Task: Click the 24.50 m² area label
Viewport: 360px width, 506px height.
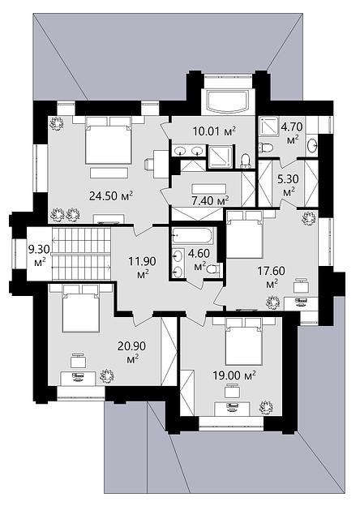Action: [111, 196]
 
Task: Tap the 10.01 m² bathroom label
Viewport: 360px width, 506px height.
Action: [215, 131]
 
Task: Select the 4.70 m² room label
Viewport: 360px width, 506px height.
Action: [292, 132]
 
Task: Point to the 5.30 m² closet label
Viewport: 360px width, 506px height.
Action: [289, 184]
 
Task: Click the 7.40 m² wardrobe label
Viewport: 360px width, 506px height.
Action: [208, 201]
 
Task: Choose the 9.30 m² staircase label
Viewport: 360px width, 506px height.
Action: [40, 255]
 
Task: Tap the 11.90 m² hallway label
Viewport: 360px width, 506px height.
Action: [143, 267]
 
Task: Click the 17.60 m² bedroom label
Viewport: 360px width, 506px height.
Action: [272, 277]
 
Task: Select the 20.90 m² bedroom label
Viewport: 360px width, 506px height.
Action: [131, 352]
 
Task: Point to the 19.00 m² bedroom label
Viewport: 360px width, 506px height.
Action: [234, 375]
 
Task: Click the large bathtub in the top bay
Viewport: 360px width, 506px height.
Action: [229, 101]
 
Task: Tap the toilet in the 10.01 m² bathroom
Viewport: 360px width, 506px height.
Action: [246, 161]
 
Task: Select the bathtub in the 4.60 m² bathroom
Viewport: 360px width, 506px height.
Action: [193, 236]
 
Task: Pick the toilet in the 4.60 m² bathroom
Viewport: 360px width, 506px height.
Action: [214, 268]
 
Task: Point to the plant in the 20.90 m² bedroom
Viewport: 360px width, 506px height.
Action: [107, 376]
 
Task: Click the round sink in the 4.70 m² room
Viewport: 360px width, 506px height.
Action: [313, 144]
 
